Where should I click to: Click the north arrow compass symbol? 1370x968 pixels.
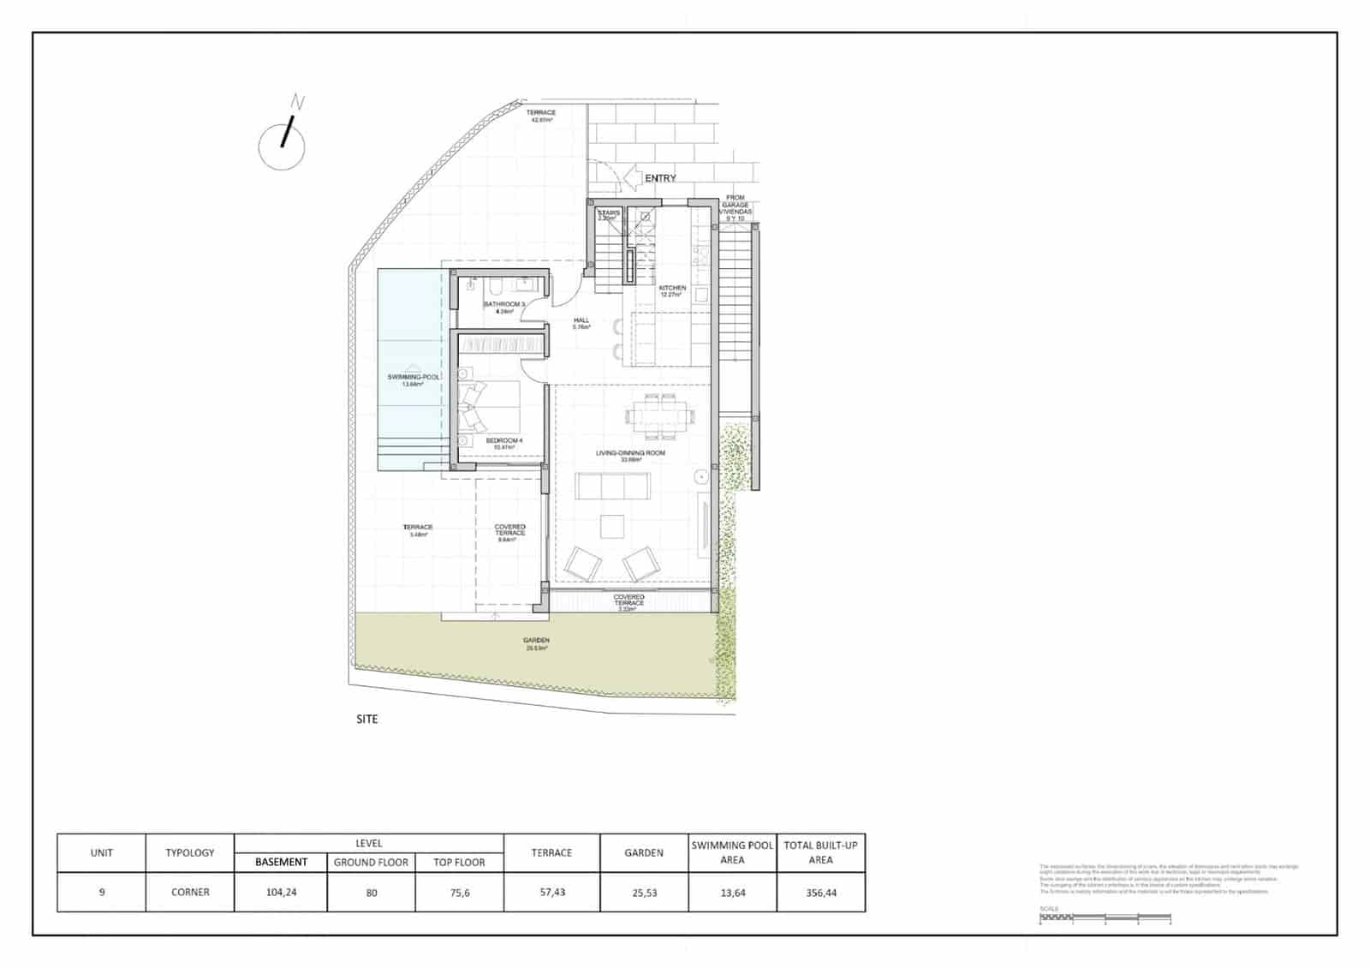(283, 143)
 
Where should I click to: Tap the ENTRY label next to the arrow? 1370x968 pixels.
(660, 178)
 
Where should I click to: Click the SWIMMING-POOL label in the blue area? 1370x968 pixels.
(414, 378)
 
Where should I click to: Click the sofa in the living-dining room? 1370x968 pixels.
(613, 486)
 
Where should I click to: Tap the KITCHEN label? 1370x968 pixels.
(672, 289)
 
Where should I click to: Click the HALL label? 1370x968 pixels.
(581, 320)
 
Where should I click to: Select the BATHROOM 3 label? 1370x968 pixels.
(503, 304)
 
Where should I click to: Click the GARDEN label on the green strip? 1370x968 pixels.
(536, 641)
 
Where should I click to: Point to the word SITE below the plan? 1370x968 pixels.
(366, 720)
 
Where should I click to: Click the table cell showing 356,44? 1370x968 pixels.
(820, 893)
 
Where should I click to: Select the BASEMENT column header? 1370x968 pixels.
(281, 863)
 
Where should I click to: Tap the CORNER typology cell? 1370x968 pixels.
(190, 893)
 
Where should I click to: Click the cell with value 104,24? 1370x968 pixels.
(281, 893)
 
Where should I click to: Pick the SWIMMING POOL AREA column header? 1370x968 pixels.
(732, 852)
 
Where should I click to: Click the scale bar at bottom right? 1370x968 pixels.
(1105, 918)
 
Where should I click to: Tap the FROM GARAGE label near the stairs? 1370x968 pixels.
(736, 203)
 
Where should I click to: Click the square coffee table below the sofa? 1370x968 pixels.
(612, 526)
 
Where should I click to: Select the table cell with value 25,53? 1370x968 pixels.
(644, 893)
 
